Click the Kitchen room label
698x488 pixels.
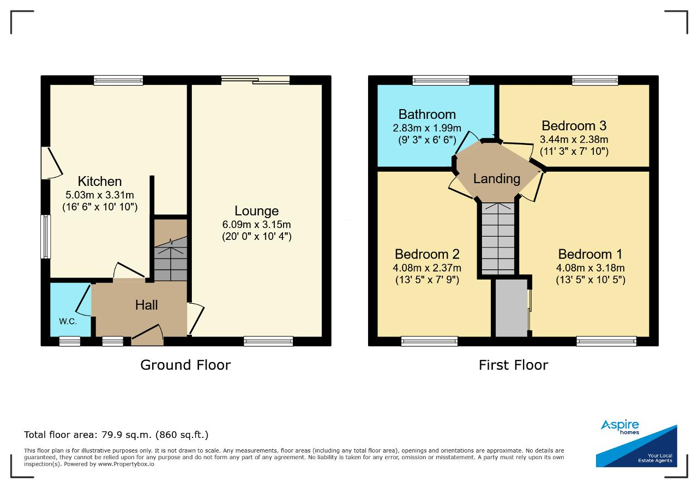coord(100,181)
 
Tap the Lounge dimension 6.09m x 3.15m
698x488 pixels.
coord(256,224)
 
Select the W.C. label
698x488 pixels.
coord(68,321)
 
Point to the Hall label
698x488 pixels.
coord(147,305)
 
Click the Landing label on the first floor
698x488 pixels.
coord(497,179)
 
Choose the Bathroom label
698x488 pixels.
coord(427,115)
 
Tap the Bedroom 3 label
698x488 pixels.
coord(574,126)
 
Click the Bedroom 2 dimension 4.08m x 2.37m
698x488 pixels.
coord(427,268)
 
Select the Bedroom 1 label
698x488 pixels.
coord(590,254)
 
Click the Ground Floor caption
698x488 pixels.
coord(185,365)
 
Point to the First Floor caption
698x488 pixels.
coord(513,365)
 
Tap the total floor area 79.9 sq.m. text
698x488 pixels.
coord(116,435)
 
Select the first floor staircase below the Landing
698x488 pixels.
coord(498,239)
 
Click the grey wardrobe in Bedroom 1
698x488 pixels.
coord(512,308)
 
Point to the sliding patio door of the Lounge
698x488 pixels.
coord(256,80)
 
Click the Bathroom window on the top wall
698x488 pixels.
coord(441,80)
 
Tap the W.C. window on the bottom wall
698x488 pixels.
coord(70,341)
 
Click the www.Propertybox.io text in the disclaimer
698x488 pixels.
coord(126,464)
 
